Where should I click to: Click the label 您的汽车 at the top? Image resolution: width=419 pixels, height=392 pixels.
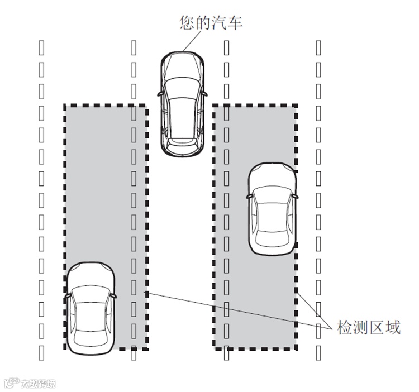pyautogui.click(x=211, y=23)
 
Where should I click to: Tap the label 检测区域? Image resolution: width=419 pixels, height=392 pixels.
pyautogui.click(x=369, y=327)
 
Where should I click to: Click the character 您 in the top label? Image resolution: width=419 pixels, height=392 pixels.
pyautogui.click(x=187, y=23)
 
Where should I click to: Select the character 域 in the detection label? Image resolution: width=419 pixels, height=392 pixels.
pyautogui.click(x=393, y=327)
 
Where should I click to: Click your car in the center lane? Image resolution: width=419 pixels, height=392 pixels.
pyautogui.click(x=183, y=103)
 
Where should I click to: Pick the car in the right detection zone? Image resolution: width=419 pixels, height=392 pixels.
pyautogui.click(x=272, y=209)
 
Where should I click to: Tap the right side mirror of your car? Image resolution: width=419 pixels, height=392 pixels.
pyautogui.click(x=206, y=92)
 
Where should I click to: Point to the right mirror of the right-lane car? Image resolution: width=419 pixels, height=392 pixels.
pyautogui.click(x=294, y=197)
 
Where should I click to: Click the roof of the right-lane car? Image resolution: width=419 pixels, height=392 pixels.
pyautogui.click(x=272, y=215)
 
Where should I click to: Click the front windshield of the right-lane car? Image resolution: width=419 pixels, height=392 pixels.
pyautogui.click(x=272, y=193)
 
